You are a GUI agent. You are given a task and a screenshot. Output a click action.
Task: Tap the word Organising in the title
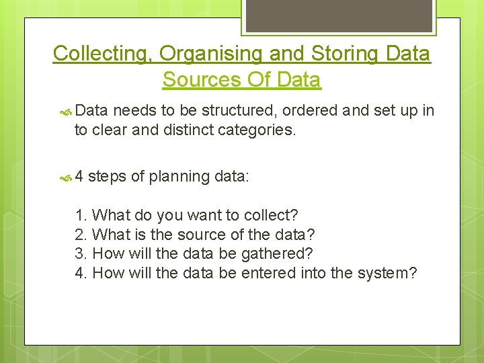tap(190, 53)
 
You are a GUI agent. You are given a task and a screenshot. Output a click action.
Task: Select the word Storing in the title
tap(332, 53)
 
